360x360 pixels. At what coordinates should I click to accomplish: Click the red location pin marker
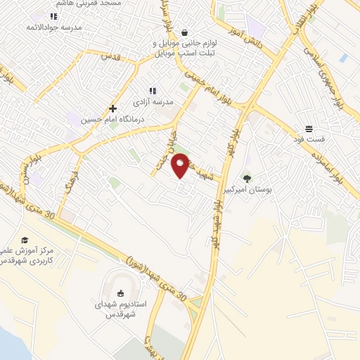tap(181, 165)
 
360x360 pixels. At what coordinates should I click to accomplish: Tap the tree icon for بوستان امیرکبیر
tap(247, 178)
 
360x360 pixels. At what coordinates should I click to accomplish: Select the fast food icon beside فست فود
tap(309, 129)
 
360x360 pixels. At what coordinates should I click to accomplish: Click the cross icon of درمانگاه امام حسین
tap(112, 109)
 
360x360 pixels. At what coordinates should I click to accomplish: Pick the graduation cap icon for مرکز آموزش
tap(25, 240)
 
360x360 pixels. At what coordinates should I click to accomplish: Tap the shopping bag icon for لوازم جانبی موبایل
tap(184, 32)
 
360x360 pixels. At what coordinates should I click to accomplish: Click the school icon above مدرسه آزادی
tap(152, 90)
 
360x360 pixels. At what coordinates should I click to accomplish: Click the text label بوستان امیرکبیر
tap(247, 190)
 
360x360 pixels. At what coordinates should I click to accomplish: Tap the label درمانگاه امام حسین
tap(86, 120)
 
